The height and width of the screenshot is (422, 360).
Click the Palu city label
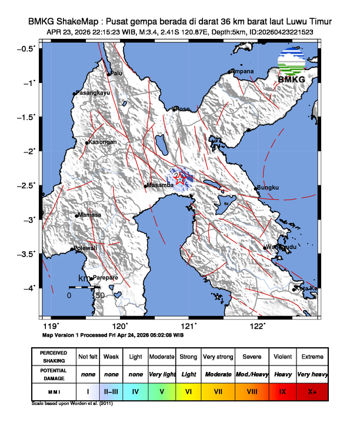[x=118, y=74]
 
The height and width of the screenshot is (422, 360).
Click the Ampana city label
[x=243, y=71]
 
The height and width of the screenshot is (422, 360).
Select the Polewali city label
[x=85, y=249]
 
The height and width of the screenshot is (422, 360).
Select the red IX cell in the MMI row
[x=282, y=390]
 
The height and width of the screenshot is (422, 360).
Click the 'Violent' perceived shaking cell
[x=282, y=357]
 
